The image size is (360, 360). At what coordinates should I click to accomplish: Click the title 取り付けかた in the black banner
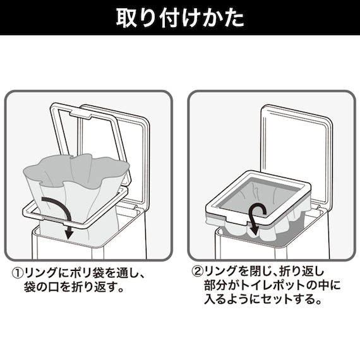click(180, 18)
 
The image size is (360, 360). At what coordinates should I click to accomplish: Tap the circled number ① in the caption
click(18, 273)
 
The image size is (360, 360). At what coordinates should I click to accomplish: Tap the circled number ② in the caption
click(198, 271)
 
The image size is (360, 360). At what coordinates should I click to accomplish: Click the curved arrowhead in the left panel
click(68, 235)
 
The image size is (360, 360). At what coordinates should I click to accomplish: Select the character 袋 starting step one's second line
click(30, 287)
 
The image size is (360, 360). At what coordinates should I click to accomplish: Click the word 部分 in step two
click(215, 285)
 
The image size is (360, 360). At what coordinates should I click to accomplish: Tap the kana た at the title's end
click(235, 18)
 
